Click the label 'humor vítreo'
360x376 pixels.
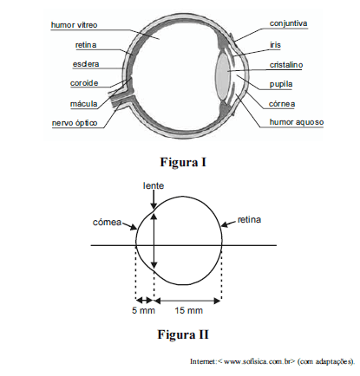[74, 25]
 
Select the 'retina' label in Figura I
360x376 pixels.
[86, 45]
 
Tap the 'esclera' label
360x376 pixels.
[86, 64]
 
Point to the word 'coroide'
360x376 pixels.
[84, 83]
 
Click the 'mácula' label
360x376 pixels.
[84, 104]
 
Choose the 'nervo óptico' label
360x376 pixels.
[75, 123]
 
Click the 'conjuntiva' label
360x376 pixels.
[288, 23]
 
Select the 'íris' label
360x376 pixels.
[275, 45]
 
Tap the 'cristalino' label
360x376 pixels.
[286, 65]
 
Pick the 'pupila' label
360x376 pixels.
[281, 84]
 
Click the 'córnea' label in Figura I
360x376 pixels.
[282, 104]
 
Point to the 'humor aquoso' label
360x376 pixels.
[297, 122]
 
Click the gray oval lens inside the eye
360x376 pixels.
[223, 75]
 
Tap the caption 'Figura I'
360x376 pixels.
[183, 162]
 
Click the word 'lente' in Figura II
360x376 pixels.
[154, 185]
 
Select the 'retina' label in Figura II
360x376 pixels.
[249, 220]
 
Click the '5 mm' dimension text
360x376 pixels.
[144, 310]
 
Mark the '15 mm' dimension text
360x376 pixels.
[188, 310]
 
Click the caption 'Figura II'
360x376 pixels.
[183, 334]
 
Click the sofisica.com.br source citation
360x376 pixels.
[272, 361]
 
